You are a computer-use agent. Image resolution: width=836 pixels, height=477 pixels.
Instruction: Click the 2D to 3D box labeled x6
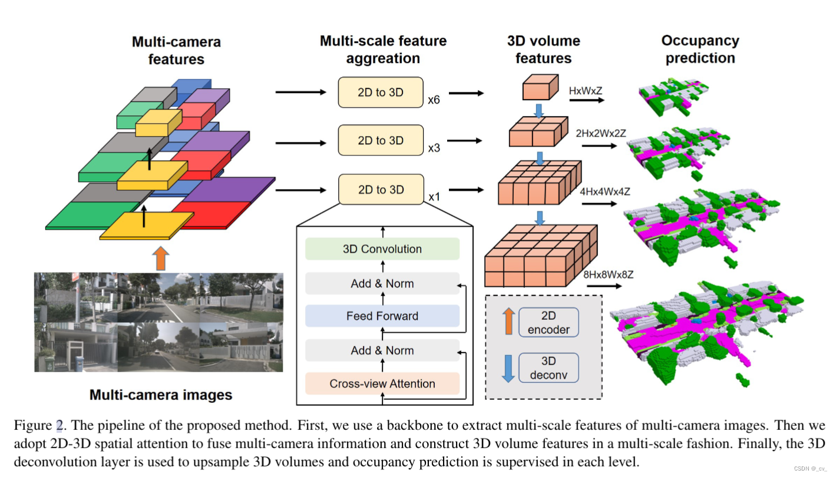381,92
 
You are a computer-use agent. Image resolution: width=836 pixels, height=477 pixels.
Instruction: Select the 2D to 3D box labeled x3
381,141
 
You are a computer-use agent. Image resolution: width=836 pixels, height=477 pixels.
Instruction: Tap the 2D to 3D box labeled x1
381,190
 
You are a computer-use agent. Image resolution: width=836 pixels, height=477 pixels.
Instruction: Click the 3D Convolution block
382,249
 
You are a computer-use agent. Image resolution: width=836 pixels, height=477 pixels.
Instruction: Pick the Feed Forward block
382,316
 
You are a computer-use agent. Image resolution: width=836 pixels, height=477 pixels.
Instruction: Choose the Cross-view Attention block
382,384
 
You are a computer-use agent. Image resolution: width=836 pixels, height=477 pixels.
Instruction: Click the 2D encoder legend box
548,322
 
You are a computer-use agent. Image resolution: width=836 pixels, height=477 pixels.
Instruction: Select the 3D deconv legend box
548,368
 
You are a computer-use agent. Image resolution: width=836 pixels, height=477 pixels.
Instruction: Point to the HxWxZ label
586,91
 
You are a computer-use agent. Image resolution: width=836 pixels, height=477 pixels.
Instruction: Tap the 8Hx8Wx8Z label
608,274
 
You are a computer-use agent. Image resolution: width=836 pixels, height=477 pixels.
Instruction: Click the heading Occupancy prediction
699,49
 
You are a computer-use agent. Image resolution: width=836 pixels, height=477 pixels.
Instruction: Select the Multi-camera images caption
160,395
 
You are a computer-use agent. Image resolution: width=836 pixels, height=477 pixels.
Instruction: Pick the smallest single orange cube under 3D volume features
538,87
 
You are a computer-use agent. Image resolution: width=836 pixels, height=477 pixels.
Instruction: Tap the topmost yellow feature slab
158,122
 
